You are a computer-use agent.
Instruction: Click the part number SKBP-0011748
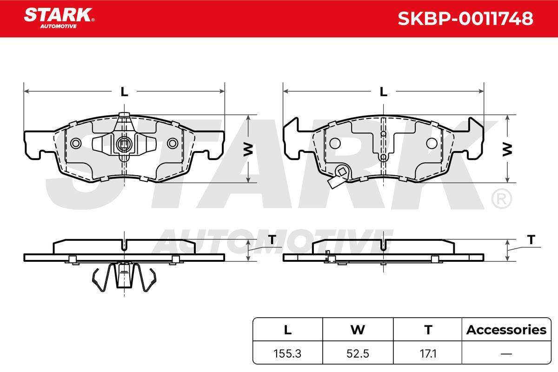[x=465, y=19]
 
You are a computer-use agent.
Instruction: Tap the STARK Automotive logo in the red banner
[x=59, y=18]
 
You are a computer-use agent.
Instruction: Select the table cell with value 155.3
[x=287, y=353]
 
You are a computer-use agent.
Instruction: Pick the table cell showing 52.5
[x=358, y=353]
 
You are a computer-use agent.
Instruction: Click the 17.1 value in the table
[x=428, y=353]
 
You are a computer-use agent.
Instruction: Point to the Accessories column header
[x=506, y=330]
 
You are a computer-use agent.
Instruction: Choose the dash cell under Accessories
[x=506, y=353]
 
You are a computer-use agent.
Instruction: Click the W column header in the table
[x=358, y=330]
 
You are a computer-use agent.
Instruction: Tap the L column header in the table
[x=288, y=330]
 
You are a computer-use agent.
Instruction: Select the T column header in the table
[x=428, y=330]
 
